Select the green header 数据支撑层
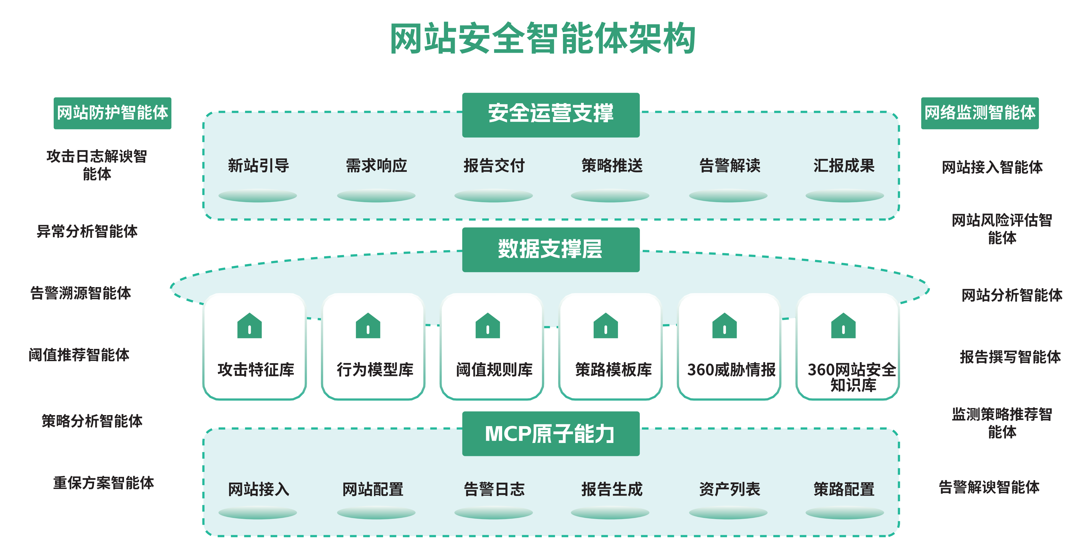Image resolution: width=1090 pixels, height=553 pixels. point(550,249)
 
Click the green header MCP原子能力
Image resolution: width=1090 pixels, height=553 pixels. point(550,434)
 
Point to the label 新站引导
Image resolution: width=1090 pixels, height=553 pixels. point(258,165)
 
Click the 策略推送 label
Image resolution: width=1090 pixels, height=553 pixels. point(612,165)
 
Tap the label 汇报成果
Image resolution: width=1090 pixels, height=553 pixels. point(844,165)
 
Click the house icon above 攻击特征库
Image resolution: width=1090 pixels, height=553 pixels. point(250,326)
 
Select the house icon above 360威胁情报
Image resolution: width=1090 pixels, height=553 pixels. point(724,326)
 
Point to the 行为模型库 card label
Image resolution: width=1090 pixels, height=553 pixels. point(375,370)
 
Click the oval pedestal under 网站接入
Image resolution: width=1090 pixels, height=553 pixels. point(258,513)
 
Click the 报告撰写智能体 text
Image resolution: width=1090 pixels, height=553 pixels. point(1010,357)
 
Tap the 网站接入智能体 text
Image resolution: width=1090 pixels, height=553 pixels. point(992,167)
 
